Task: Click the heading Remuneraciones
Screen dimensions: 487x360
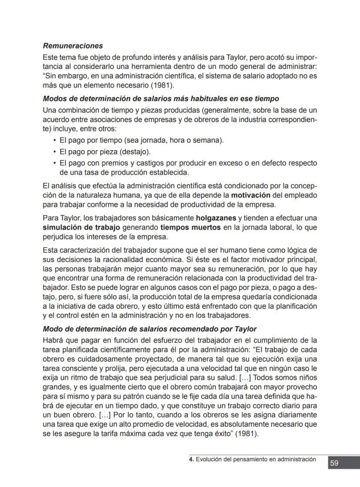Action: (x=73, y=46)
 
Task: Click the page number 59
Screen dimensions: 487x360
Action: (x=334, y=463)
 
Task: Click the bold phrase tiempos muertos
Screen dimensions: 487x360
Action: (x=190, y=228)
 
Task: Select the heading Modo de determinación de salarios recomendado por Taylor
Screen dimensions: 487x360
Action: (x=150, y=329)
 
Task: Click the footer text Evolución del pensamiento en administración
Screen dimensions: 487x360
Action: (x=256, y=459)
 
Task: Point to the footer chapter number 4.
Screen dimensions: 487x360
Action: (x=190, y=459)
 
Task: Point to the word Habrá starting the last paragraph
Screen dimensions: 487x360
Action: (x=53, y=340)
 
